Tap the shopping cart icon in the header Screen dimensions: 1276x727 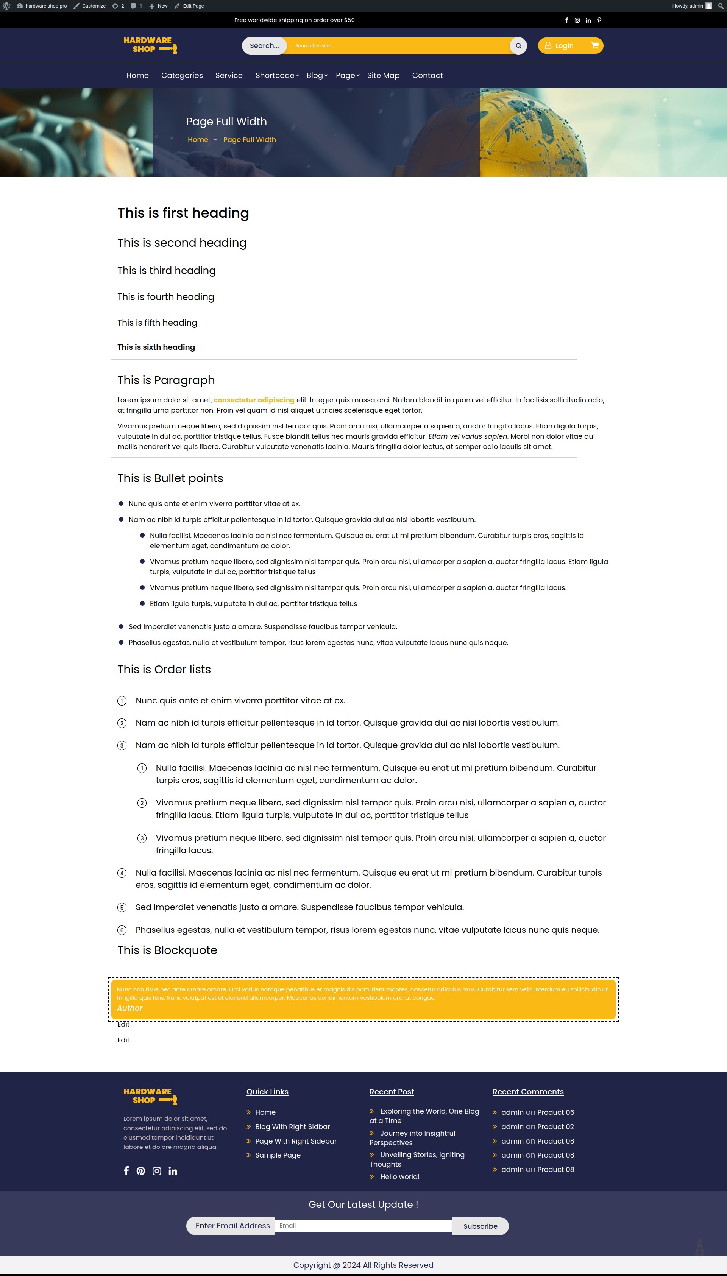click(595, 46)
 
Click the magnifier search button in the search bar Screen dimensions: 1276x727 click(518, 46)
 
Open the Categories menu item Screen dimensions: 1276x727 click(182, 75)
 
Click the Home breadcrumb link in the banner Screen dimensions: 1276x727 click(198, 140)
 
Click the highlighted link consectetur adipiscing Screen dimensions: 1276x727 click(254, 400)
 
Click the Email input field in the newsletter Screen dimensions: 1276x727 click(363, 1226)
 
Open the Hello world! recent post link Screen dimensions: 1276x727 click(399, 1177)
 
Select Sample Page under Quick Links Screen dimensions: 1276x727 click(278, 1155)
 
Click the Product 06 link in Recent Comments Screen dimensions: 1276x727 click(555, 1112)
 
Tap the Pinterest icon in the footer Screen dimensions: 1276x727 click(141, 1171)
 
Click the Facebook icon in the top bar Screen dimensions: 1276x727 click(566, 20)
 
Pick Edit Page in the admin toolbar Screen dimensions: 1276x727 click(189, 6)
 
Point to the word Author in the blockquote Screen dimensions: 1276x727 click(130, 1008)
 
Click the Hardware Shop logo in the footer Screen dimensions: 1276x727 click(150, 1096)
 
